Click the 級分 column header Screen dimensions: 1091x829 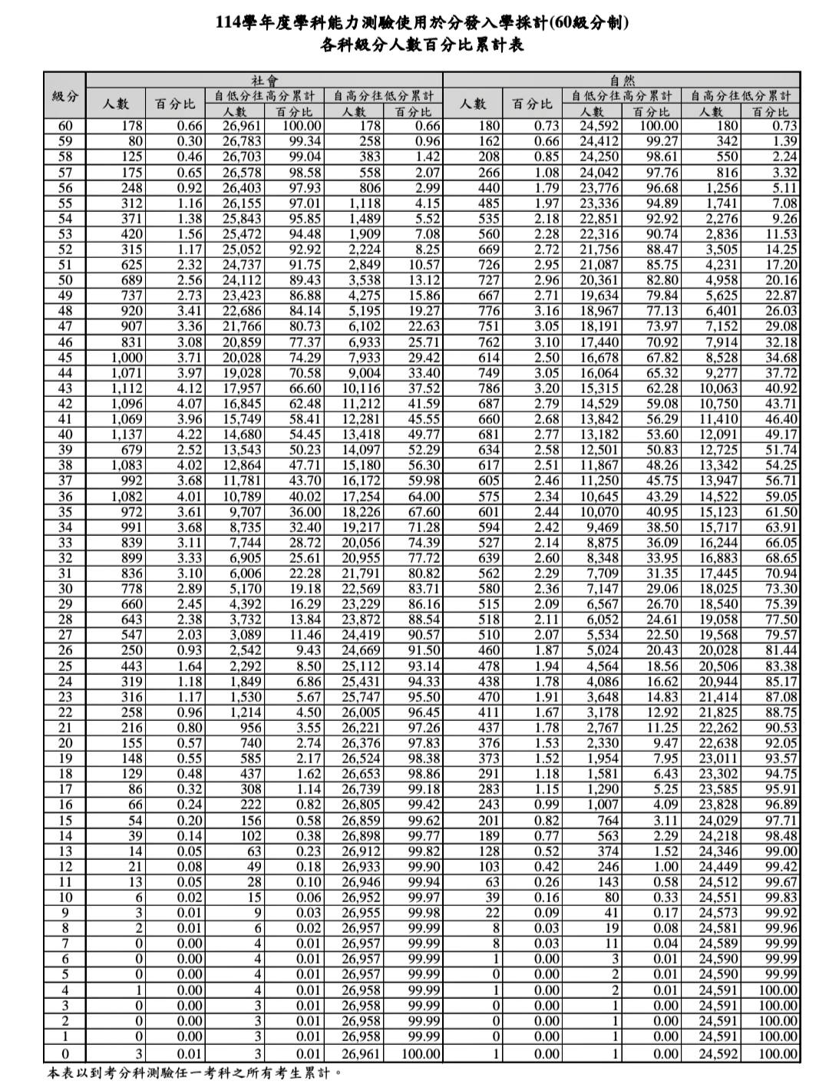tap(64, 96)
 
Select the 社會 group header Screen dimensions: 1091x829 tap(264, 80)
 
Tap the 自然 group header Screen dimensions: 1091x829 tap(622, 80)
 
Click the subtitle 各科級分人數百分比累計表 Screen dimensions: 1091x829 tap(421, 45)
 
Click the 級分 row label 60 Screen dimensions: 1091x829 tap(64, 126)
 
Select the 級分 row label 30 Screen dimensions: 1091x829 tap(64, 589)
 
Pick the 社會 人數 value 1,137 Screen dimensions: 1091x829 tap(127, 435)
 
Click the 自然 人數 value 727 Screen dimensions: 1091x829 tap(488, 280)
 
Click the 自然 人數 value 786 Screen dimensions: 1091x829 tap(488, 388)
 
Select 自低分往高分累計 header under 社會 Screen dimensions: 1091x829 tap(264, 96)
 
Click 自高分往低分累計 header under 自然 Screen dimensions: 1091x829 tap(740, 96)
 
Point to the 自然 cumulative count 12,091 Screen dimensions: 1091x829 tap(718, 435)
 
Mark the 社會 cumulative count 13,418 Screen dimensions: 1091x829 tap(361, 435)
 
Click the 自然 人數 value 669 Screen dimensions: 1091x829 tap(488, 250)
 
